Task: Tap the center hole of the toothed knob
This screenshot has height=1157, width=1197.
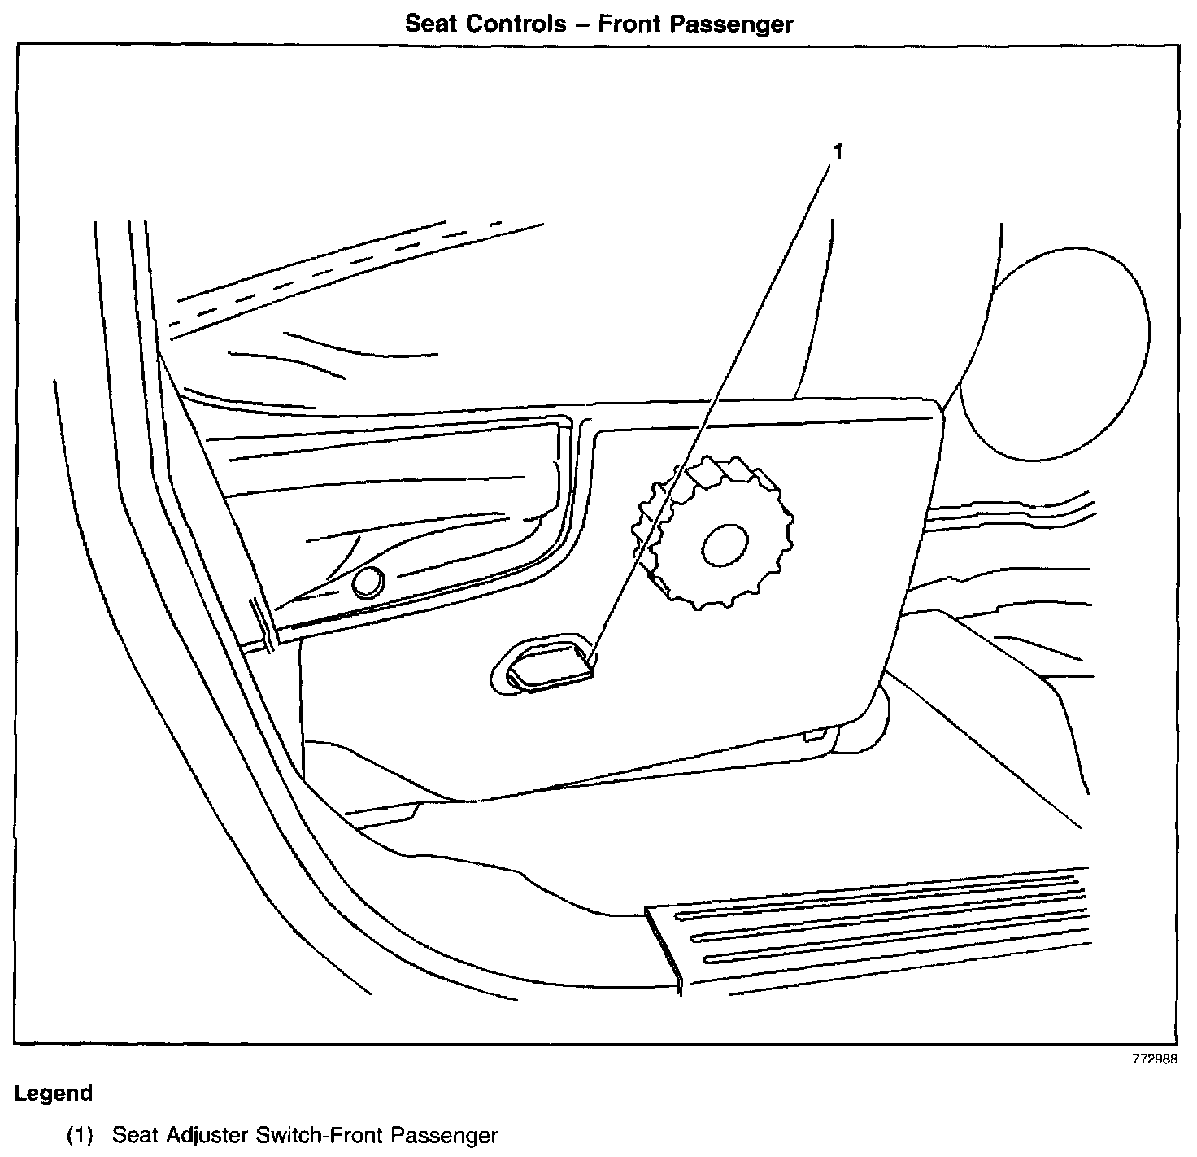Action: point(725,545)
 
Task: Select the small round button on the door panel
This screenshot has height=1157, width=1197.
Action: point(368,583)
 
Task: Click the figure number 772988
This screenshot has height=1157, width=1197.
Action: point(1152,1060)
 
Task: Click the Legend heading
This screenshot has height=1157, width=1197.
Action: point(54,1093)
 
